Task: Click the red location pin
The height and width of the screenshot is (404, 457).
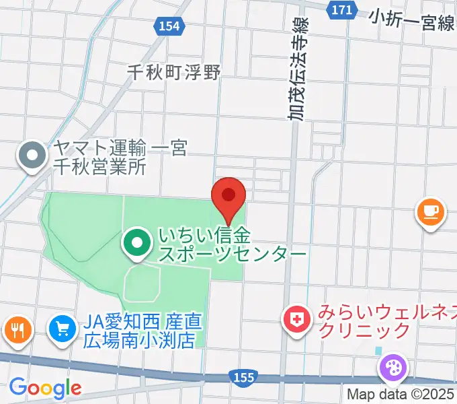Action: click(x=229, y=197)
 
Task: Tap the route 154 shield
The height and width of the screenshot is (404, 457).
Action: click(x=170, y=26)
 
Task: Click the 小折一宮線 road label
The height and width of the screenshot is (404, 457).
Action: click(x=411, y=22)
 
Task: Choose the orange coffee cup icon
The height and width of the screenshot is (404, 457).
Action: click(x=430, y=213)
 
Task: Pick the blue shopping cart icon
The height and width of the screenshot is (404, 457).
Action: click(x=63, y=329)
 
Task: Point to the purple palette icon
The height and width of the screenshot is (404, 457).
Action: click(x=392, y=368)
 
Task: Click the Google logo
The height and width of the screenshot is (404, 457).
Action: click(x=44, y=388)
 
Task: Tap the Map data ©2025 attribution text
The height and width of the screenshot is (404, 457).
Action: click(x=401, y=395)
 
